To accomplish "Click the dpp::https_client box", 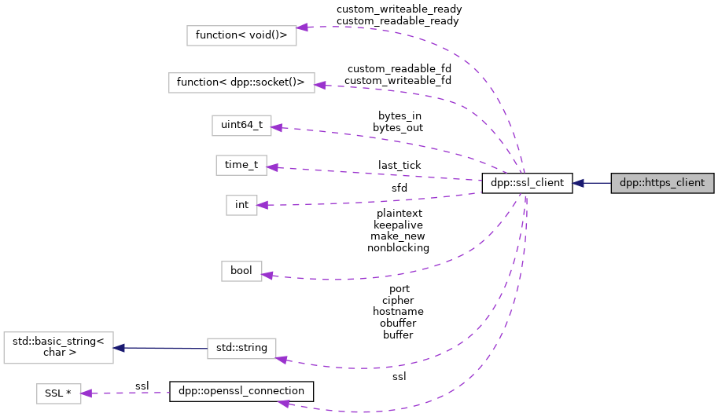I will click(662, 183).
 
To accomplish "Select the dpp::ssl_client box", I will click(526, 183).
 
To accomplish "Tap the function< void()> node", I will click(241, 35).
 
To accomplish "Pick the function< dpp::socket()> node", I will click(241, 82).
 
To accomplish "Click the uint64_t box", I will click(241, 125).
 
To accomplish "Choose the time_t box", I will click(241, 165).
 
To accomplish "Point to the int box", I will click(241, 205).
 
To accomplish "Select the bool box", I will click(241, 270).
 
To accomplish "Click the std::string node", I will click(241, 347).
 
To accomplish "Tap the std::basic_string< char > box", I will click(59, 347).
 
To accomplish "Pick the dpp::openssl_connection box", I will click(241, 391).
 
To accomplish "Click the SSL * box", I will click(59, 392).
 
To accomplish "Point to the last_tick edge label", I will click(399, 165).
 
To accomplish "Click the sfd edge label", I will click(399, 188).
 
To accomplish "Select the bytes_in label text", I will click(399, 115).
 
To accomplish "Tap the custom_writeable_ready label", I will click(399, 9).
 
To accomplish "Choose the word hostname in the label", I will click(398, 311).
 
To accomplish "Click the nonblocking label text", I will click(398, 247).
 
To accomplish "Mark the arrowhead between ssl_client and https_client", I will click(578, 183).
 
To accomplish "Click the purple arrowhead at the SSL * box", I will click(88, 393).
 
